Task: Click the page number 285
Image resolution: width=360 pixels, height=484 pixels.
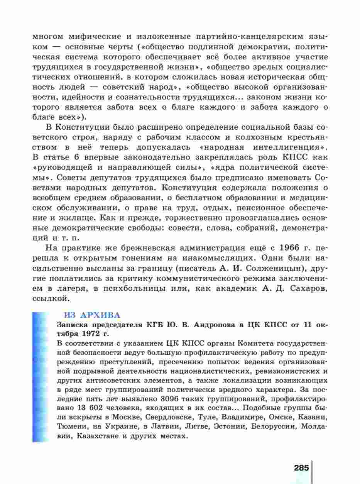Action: pyautogui.click(x=301, y=468)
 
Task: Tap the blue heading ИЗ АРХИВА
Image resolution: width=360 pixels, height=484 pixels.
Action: pyautogui.click(x=91, y=315)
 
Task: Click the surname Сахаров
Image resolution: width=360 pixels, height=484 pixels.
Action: pyautogui.click(x=305, y=288)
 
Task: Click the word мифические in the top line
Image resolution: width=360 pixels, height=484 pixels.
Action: pyautogui.click(x=95, y=37)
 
